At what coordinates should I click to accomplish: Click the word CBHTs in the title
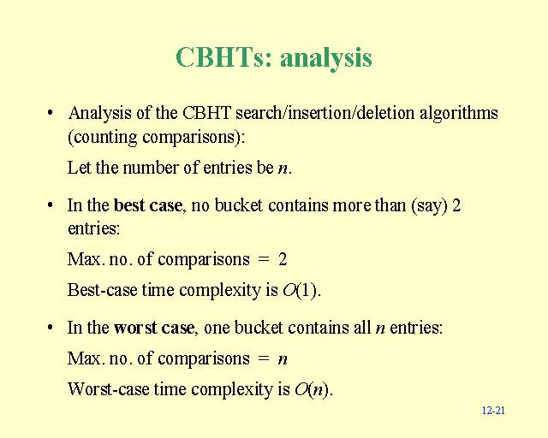[x=223, y=57]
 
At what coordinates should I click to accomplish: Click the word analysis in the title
[x=325, y=58]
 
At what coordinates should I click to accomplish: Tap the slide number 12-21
[x=493, y=410]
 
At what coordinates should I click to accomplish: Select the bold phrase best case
[x=148, y=205]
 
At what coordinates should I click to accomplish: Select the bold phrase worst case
[x=154, y=328]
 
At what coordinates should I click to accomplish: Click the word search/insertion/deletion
[x=325, y=113]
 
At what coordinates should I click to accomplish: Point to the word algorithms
[x=459, y=114]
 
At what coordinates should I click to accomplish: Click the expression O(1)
[x=300, y=290]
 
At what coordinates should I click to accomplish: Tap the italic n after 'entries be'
[x=283, y=169]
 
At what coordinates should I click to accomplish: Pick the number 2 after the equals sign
[x=283, y=259]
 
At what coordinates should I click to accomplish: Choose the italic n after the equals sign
[x=283, y=359]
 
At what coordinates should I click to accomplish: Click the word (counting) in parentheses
[x=102, y=137]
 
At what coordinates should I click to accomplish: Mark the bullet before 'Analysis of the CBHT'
[x=51, y=113]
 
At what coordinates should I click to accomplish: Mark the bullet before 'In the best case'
[x=51, y=205]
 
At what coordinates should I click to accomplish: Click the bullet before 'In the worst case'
[x=51, y=328]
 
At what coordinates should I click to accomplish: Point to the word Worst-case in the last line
[x=109, y=388]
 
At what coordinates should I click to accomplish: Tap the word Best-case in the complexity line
[x=102, y=290]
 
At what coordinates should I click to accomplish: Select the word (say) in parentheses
[x=430, y=205]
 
